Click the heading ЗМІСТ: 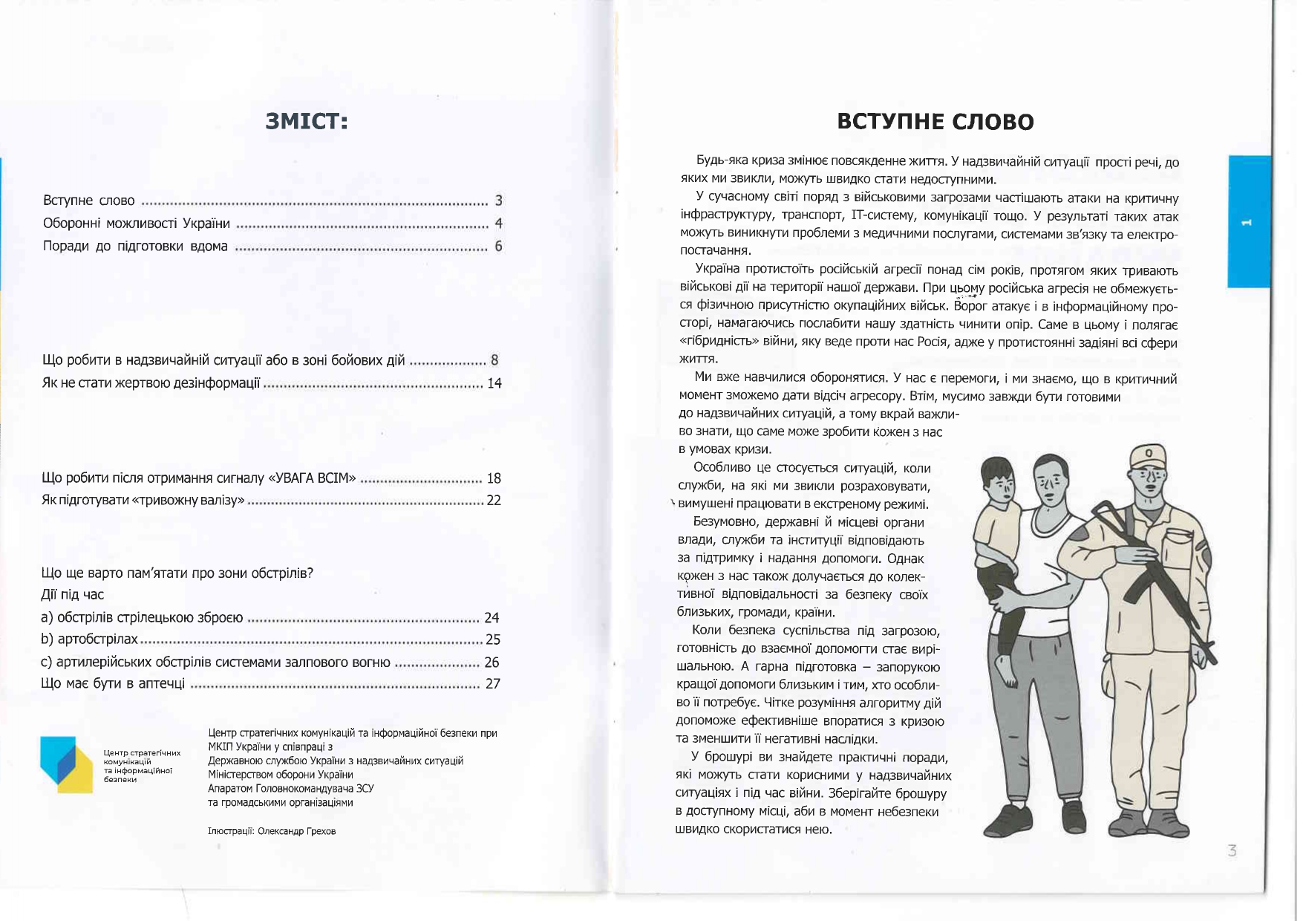point(307,121)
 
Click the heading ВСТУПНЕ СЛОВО point(935,122)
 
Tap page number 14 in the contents point(494,383)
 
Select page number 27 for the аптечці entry point(493,683)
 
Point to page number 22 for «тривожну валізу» point(494,500)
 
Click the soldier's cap point(1149,455)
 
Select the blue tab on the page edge point(1249,221)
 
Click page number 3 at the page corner point(1232,851)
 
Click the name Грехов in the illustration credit point(319,831)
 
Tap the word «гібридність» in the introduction point(714,342)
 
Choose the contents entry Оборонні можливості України point(137,224)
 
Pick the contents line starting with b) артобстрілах point(90,640)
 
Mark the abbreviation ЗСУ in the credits point(365,788)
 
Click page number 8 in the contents point(494,360)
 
